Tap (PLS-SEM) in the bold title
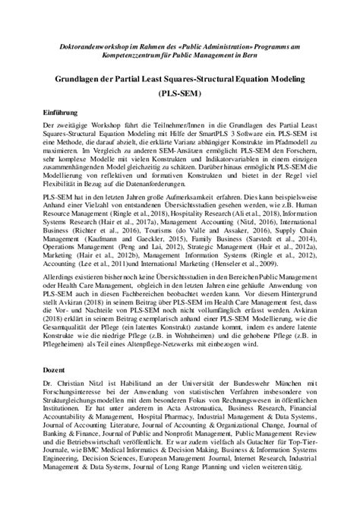coord(180,95)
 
